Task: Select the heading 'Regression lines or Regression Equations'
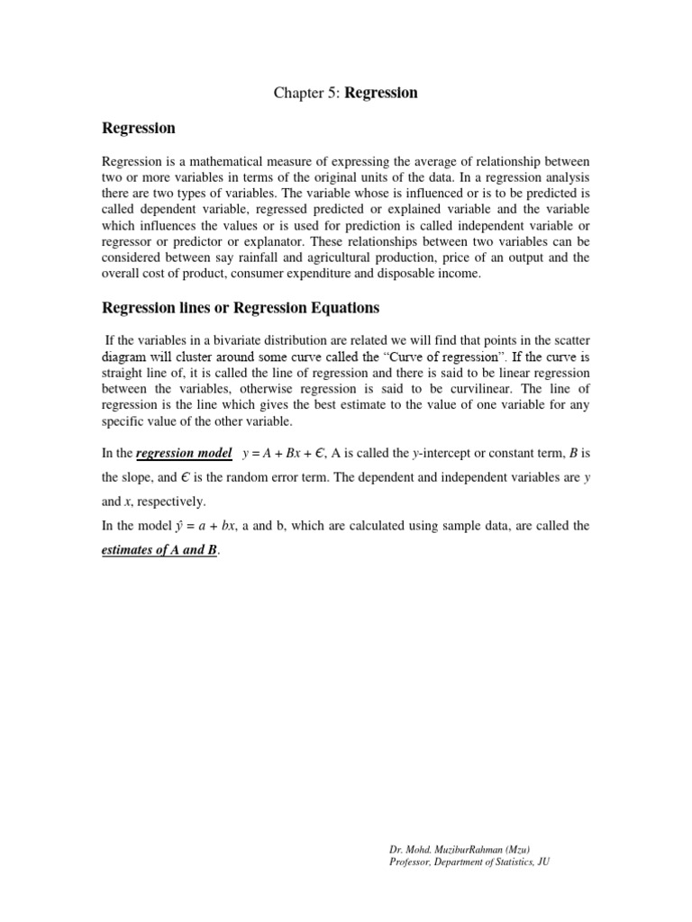[x=241, y=308]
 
